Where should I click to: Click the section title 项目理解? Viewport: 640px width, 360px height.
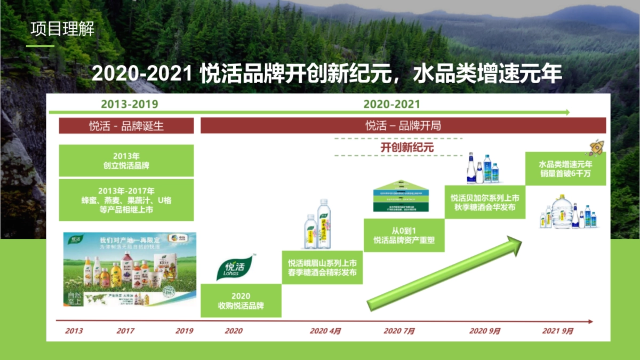click(62, 29)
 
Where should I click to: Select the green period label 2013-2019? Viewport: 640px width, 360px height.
click(130, 104)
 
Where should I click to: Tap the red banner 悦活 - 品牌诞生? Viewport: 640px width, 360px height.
click(126, 126)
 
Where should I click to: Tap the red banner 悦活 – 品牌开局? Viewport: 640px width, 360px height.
click(403, 126)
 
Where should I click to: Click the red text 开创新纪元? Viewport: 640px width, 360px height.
click(407, 147)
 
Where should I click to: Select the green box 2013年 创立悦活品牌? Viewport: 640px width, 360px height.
click(126, 161)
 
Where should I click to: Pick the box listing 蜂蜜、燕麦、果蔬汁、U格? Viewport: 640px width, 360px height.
click(126, 200)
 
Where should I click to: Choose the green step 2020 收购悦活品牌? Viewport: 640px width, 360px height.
click(241, 301)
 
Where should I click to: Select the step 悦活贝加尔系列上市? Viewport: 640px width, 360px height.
click(485, 202)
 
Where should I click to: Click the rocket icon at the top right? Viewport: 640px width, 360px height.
click(596, 147)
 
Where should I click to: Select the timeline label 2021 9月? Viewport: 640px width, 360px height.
click(558, 331)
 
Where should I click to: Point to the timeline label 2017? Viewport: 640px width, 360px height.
click(125, 331)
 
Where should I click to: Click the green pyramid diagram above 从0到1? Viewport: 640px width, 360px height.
click(404, 197)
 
